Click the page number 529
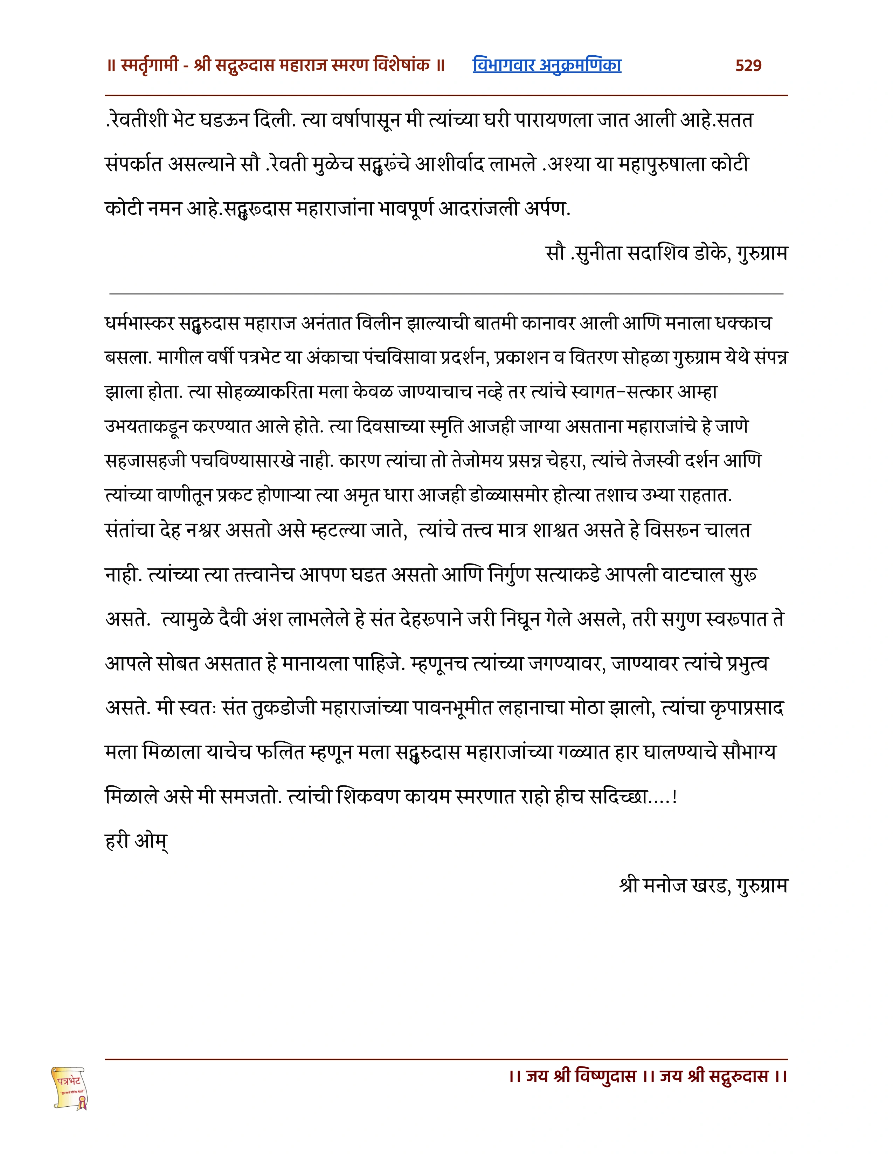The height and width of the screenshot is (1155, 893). tap(748, 65)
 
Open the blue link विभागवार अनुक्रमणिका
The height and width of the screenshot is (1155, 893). tap(547, 65)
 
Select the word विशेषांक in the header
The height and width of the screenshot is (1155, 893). tap(402, 65)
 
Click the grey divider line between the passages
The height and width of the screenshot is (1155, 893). tap(446, 293)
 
